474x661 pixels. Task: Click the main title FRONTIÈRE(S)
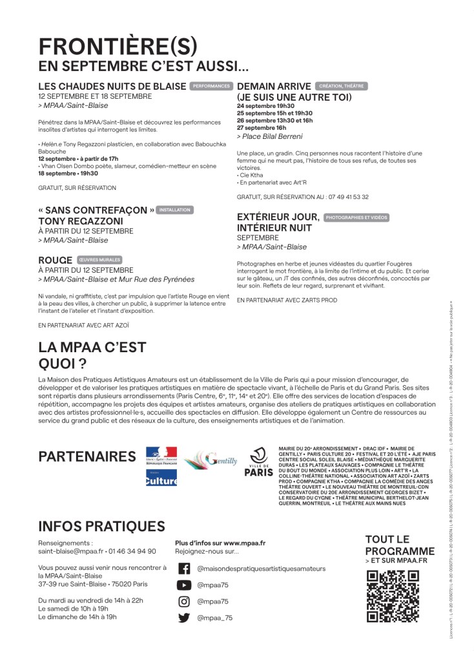pyautogui.click(x=118, y=46)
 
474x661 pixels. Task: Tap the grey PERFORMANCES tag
pyautogui.click(x=211, y=86)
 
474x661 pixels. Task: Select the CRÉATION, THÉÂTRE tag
pyautogui.click(x=340, y=86)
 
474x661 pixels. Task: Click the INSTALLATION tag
pyautogui.click(x=174, y=210)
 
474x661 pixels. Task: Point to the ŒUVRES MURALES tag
pyautogui.click(x=99, y=260)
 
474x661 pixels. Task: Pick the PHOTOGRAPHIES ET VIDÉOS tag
pyautogui.click(x=357, y=218)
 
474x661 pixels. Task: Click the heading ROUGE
pyautogui.click(x=56, y=260)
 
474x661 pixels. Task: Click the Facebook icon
pyautogui.click(x=184, y=569)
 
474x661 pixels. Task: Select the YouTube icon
pyautogui.click(x=184, y=585)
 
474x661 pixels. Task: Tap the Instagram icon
pyautogui.click(x=184, y=602)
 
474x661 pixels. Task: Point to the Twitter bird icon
pyautogui.click(x=184, y=618)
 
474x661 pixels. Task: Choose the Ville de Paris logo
pyautogui.click(x=259, y=462)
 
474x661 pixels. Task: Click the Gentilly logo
pyautogui.click(x=211, y=460)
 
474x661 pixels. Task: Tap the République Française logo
pyautogui.click(x=161, y=457)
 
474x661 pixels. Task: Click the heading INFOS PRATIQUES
pyautogui.click(x=101, y=527)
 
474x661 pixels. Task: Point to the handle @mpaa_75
pyautogui.click(x=214, y=618)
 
